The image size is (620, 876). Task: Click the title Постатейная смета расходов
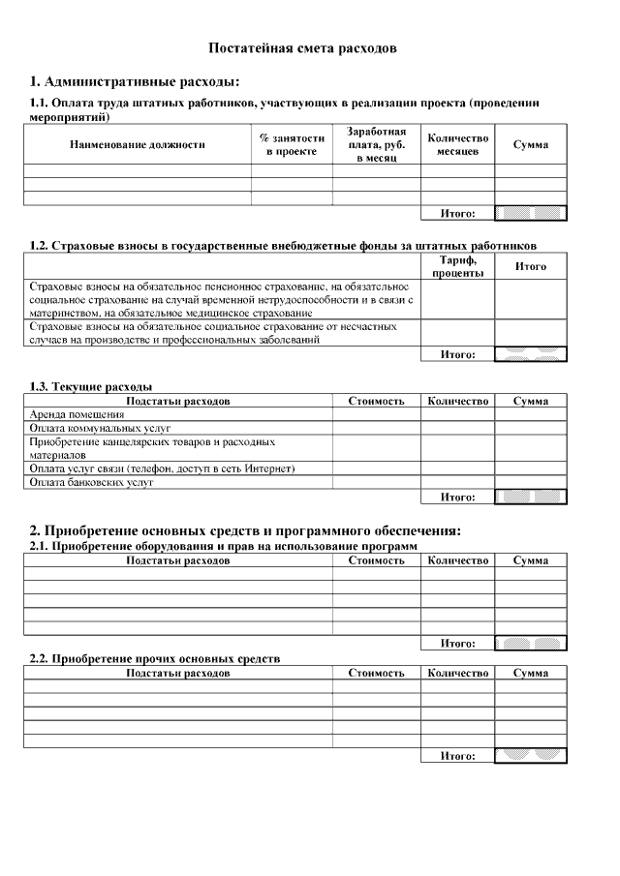(x=303, y=47)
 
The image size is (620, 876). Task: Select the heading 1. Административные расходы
(x=135, y=81)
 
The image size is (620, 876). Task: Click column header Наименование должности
(x=138, y=145)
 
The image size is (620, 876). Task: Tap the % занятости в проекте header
(x=292, y=145)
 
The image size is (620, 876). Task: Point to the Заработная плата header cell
(x=376, y=144)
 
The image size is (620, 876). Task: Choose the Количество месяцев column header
(x=457, y=145)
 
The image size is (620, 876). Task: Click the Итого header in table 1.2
(x=530, y=266)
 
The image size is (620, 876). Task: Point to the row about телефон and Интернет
(x=162, y=468)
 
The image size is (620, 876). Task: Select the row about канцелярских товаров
(x=152, y=447)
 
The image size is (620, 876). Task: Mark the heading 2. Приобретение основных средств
(x=245, y=530)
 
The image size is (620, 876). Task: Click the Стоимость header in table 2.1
(x=376, y=560)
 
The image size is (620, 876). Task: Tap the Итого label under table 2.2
(x=457, y=756)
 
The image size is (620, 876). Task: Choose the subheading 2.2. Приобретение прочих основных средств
(x=155, y=658)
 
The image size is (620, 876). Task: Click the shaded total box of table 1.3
(x=530, y=498)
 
